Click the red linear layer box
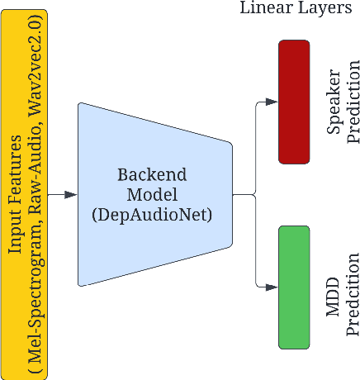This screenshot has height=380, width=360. click(293, 91)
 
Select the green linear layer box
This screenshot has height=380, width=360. click(293, 286)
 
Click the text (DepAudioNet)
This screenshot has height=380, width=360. click(152, 215)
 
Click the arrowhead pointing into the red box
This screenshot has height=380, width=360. click(273, 102)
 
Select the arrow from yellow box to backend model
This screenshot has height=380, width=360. click(63, 195)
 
